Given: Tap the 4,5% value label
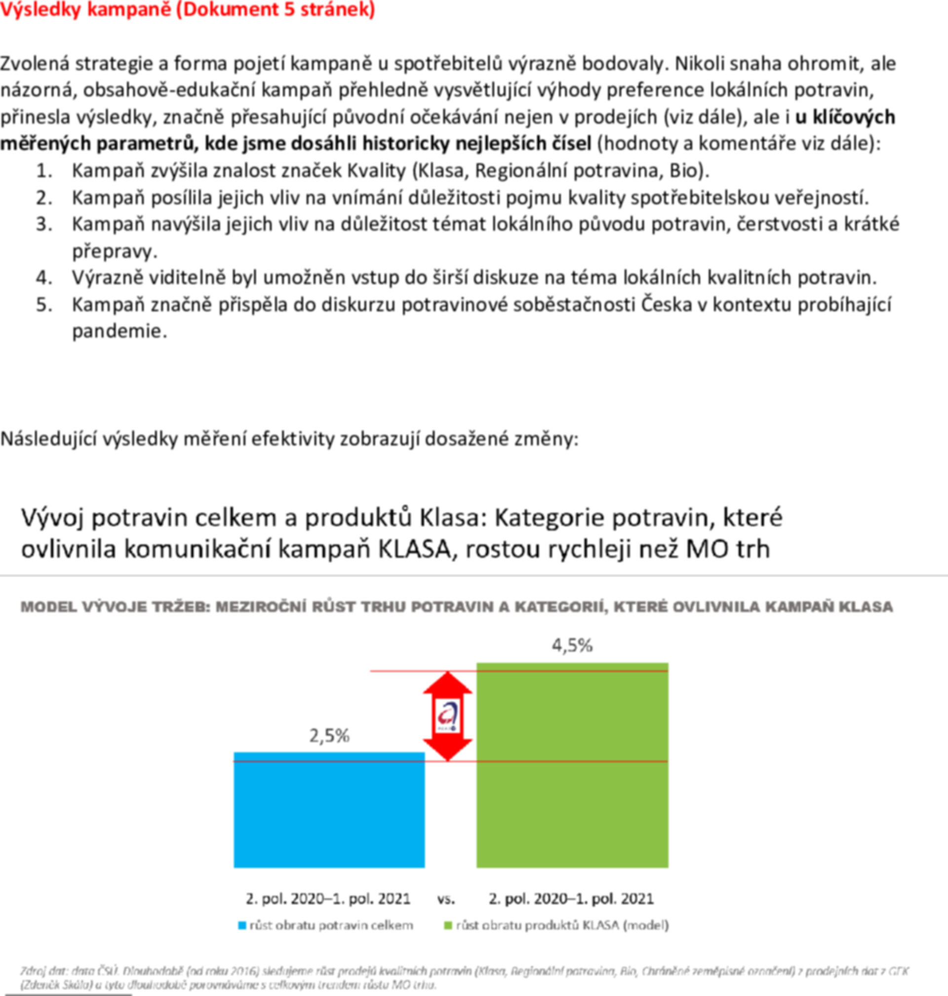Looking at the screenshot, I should click(x=572, y=646).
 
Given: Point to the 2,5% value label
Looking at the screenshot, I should click(x=329, y=736).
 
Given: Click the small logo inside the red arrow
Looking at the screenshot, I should click(x=448, y=716).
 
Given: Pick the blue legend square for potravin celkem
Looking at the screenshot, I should click(x=242, y=926).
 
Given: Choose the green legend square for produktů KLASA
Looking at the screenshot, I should click(x=447, y=926).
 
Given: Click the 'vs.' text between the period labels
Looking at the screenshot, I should click(x=446, y=899).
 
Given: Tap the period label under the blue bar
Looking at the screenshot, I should click(x=328, y=899).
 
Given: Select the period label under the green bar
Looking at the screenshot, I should click(x=571, y=899).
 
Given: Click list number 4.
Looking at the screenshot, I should click(x=44, y=278).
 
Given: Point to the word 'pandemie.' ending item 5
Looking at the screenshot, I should click(x=119, y=331).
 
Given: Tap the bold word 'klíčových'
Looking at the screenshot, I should click(x=854, y=117).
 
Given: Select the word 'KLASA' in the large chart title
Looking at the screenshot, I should click(x=414, y=549).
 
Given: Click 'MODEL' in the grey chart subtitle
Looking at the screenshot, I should click(x=48, y=607).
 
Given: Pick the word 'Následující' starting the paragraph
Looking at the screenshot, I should click(x=48, y=439).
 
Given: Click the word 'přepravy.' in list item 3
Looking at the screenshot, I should click(x=115, y=251).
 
